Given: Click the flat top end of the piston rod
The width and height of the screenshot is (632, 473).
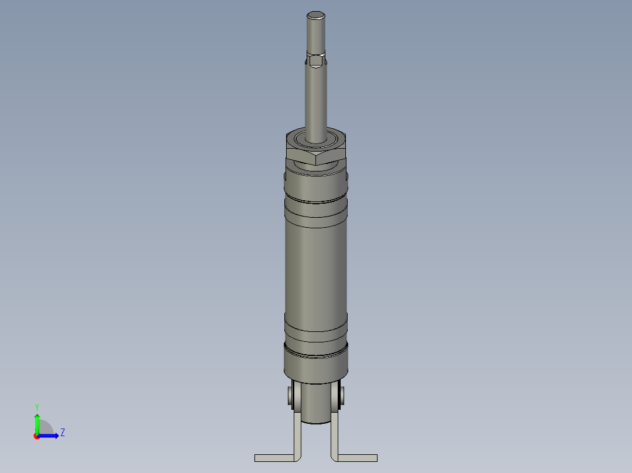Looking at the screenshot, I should click(x=316, y=15).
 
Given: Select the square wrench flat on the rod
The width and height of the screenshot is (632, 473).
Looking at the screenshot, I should click(x=316, y=61).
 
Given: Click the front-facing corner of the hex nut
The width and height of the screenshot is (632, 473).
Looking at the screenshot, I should click(x=317, y=159).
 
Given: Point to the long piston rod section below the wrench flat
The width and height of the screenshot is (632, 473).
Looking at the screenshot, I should click(x=316, y=100).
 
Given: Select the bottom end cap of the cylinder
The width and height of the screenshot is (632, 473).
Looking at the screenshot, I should click(x=316, y=363).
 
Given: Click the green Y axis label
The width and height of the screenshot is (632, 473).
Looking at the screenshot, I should click(x=36, y=406).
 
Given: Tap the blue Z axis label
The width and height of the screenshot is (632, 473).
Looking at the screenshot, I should click(x=62, y=433).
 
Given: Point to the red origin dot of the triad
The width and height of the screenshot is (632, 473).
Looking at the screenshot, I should click(x=36, y=436).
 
